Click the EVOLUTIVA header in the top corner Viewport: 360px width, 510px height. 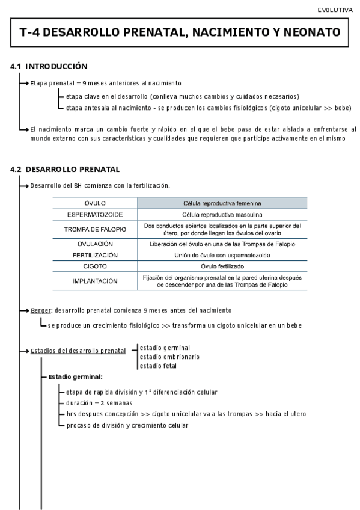(335, 10)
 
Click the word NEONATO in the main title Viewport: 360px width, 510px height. (311, 32)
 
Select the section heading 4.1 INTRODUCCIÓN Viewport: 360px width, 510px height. (49, 66)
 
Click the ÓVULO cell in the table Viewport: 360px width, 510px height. (95, 203)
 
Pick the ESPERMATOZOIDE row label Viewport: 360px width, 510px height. (95, 215)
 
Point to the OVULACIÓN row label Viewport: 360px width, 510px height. (95, 244)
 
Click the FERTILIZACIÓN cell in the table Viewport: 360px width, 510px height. (95, 255)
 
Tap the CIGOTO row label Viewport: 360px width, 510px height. (95, 266)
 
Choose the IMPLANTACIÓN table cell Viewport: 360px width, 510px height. (95, 281)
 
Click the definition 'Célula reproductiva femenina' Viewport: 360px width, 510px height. (222, 203)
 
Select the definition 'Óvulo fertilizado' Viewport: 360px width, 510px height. (222, 266)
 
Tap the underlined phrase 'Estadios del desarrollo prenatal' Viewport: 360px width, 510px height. (78, 351)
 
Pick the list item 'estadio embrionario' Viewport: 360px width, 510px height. (169, 357)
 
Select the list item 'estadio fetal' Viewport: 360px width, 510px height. (158, 366)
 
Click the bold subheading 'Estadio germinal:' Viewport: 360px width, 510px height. (75, 377)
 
